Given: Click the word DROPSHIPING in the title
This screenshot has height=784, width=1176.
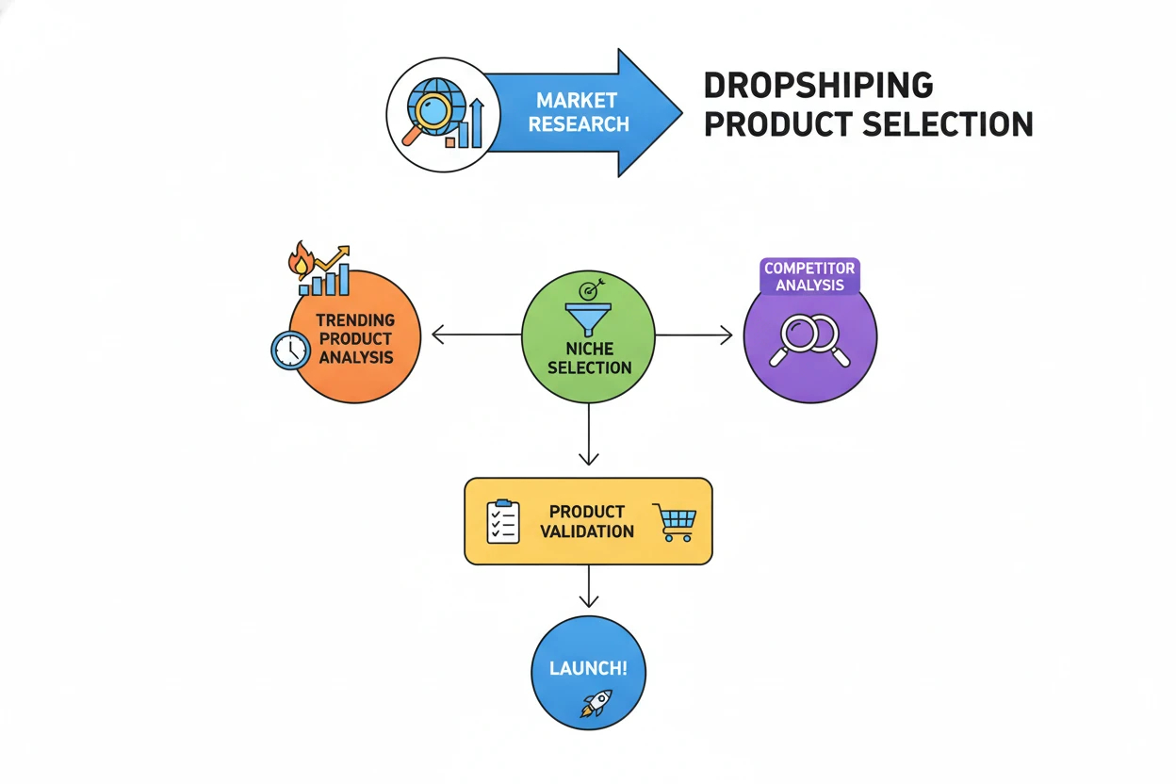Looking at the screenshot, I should point(818,85).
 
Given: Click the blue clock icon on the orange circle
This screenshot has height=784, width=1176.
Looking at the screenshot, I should point(290,350).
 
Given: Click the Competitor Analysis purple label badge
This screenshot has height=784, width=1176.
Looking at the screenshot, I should point(808,276).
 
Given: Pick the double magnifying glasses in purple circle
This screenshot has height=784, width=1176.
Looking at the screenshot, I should point(809,339).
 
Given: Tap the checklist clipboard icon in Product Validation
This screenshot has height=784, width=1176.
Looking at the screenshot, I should point(502,521).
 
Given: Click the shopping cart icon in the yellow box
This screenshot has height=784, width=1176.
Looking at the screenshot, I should point(678,523).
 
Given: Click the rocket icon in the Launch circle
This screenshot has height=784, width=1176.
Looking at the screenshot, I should point(596,703).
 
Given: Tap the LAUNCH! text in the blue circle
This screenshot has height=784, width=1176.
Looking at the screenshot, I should point(587,670).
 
